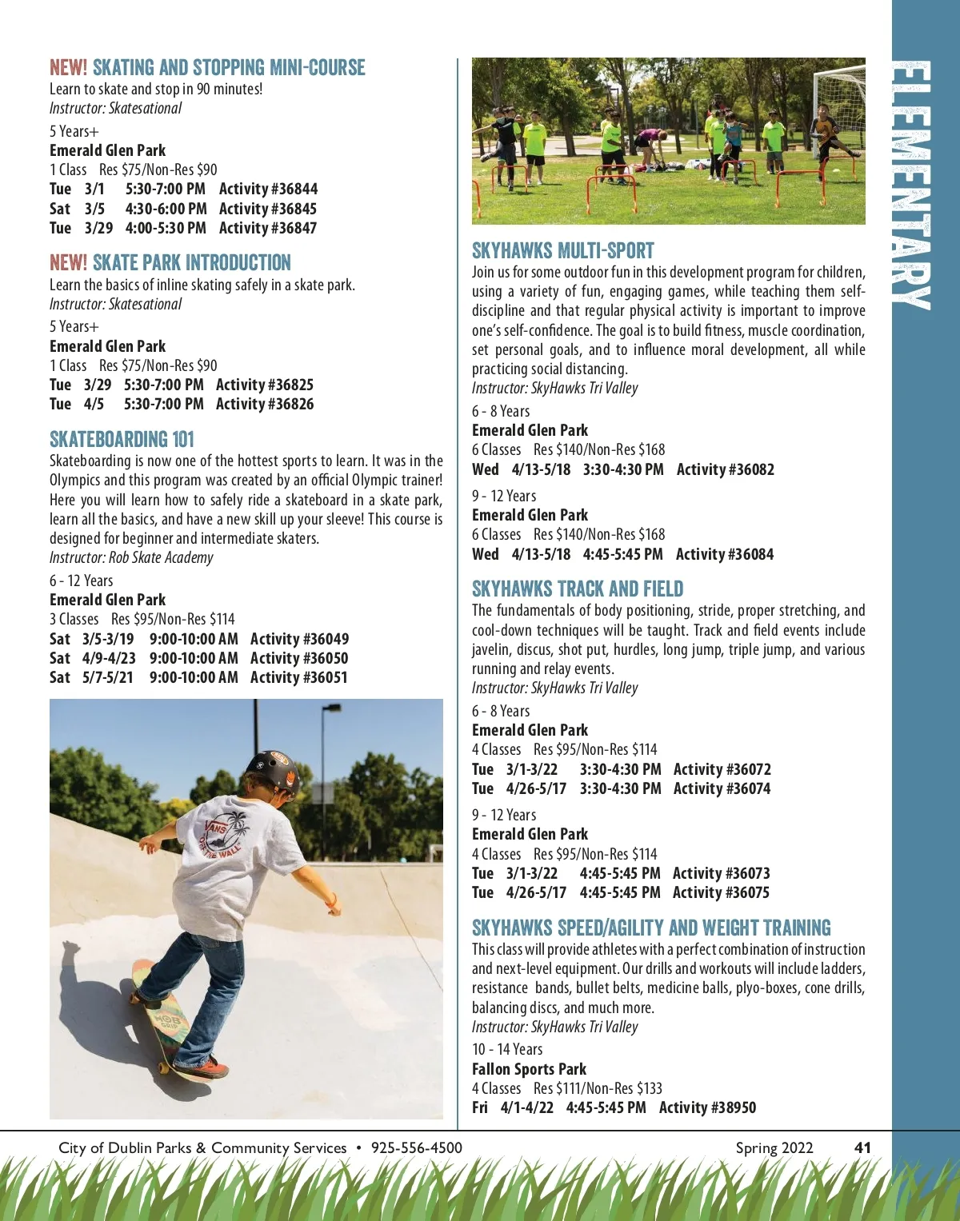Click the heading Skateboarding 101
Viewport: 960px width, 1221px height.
(x=122, y=439)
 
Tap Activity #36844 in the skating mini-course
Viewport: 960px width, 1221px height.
(x=268, y=189)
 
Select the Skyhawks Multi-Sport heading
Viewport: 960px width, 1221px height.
(x=562, y=250)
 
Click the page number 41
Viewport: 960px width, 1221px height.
(x=862, y=1147)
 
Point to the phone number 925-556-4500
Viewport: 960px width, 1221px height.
(x=416, y=1147)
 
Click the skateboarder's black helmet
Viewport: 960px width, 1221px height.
(x=274, y=772)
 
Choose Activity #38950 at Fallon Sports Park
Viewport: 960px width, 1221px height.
(x=707, y=1107)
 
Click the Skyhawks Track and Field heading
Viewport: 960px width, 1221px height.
(x=577, y=589)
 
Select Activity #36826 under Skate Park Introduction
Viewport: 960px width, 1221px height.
(x=265, y=404)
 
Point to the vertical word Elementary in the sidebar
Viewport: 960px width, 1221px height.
(x=912, y=184)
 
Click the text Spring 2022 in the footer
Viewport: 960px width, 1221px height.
(x=774, y=1147)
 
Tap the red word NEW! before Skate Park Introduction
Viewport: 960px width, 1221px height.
(x=68, y=263)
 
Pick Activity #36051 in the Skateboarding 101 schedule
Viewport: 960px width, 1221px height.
(x=299, y=677)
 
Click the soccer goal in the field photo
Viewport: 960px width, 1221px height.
(x=838, y=104)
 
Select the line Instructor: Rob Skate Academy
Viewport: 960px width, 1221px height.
(x=131, y=557)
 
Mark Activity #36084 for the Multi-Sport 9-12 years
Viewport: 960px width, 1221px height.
(x=725, y=554)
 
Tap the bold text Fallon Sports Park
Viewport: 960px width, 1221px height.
(x=529, y=1069)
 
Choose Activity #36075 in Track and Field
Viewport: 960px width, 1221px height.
(x=721, y=892)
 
